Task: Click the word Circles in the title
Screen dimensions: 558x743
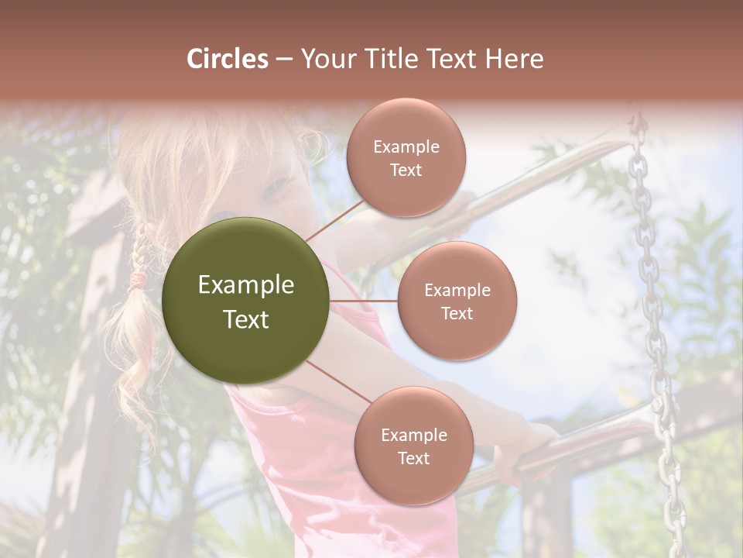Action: click(227, 59)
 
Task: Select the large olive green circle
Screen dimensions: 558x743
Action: click(246, 301)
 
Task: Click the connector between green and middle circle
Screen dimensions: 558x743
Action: click(364, 301)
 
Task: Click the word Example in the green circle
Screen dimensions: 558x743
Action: click(246, 285)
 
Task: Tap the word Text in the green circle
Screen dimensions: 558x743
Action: click(246, 319)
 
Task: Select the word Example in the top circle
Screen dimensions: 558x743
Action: click(406, 147)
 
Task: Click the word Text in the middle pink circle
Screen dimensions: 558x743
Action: click(457, 313)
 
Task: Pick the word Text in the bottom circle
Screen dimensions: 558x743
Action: click(413, 458)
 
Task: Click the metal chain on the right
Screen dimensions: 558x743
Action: click(650, 325)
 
